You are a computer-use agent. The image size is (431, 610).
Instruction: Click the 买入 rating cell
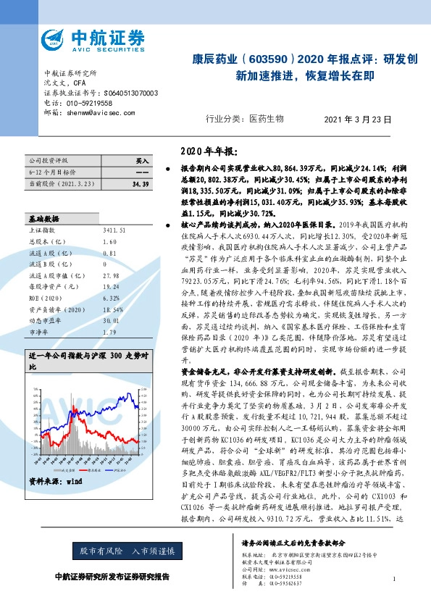point(141,160)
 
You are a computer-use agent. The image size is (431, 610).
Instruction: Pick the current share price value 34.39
point(141,185)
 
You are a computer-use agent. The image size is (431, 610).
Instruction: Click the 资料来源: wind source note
point(56,480)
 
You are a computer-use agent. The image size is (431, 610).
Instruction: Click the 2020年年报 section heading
point(207,151)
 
